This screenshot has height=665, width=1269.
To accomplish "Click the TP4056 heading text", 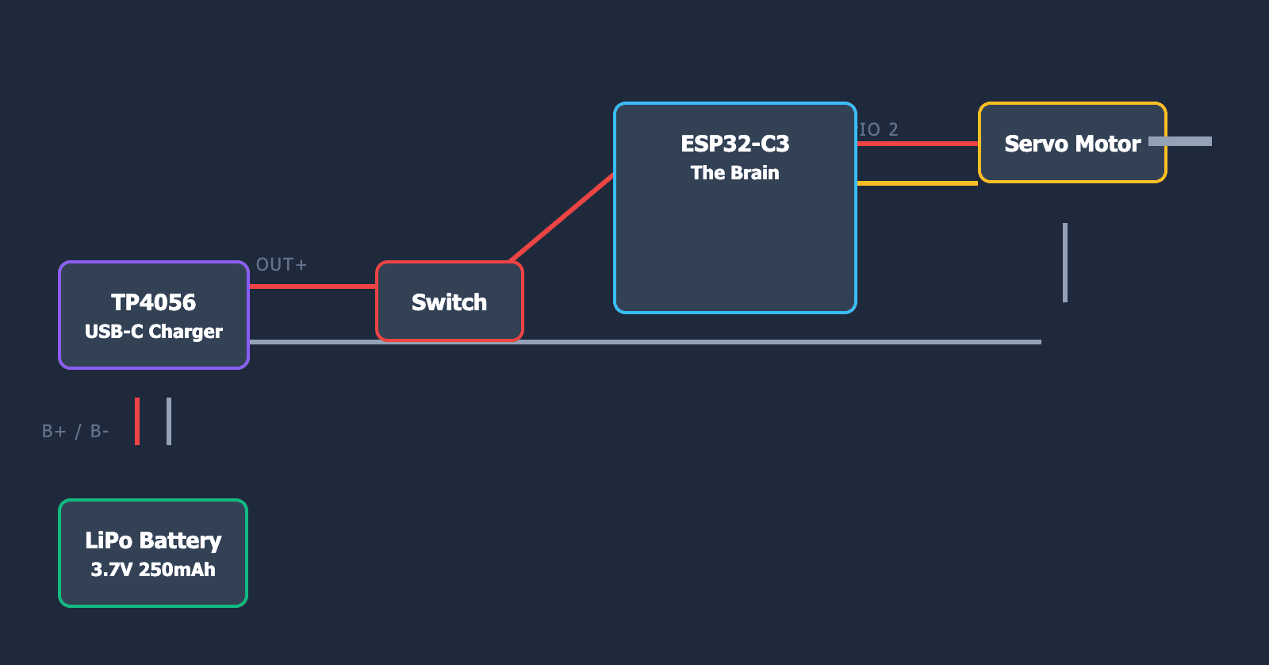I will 153,302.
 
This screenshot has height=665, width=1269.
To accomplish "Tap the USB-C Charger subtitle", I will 153,332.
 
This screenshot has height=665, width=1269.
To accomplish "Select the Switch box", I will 449,302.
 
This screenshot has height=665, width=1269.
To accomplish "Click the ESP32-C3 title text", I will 734,144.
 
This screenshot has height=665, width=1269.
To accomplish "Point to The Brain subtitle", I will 734,173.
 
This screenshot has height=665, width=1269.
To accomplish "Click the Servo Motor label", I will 1072,144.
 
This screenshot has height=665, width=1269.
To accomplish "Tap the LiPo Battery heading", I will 153,540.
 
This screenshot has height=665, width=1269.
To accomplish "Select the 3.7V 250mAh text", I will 153,570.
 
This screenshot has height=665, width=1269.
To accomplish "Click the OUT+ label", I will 281,265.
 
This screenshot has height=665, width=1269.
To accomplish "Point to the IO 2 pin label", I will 879,130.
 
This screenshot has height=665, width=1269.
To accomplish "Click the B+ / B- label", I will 75,432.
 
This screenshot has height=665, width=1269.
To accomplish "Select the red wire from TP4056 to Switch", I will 312,286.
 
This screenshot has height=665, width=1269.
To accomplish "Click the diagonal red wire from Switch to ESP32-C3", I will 562,217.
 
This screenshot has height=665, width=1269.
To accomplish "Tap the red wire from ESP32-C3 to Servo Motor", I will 918,144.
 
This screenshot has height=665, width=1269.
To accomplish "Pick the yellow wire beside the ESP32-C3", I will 918,183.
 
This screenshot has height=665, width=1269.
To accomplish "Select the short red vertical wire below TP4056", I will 137,421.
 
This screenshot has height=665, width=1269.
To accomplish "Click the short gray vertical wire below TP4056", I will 169,421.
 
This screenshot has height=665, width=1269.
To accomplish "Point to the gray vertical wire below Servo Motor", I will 1065,263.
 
